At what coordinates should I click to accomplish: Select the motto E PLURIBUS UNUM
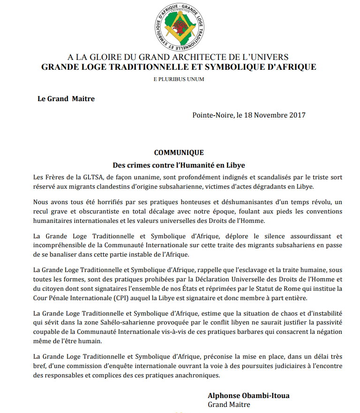179,79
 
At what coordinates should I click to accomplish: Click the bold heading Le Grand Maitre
66,99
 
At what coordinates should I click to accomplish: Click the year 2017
297,115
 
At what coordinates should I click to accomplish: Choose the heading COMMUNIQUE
179,153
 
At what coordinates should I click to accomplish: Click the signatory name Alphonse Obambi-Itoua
248,396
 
